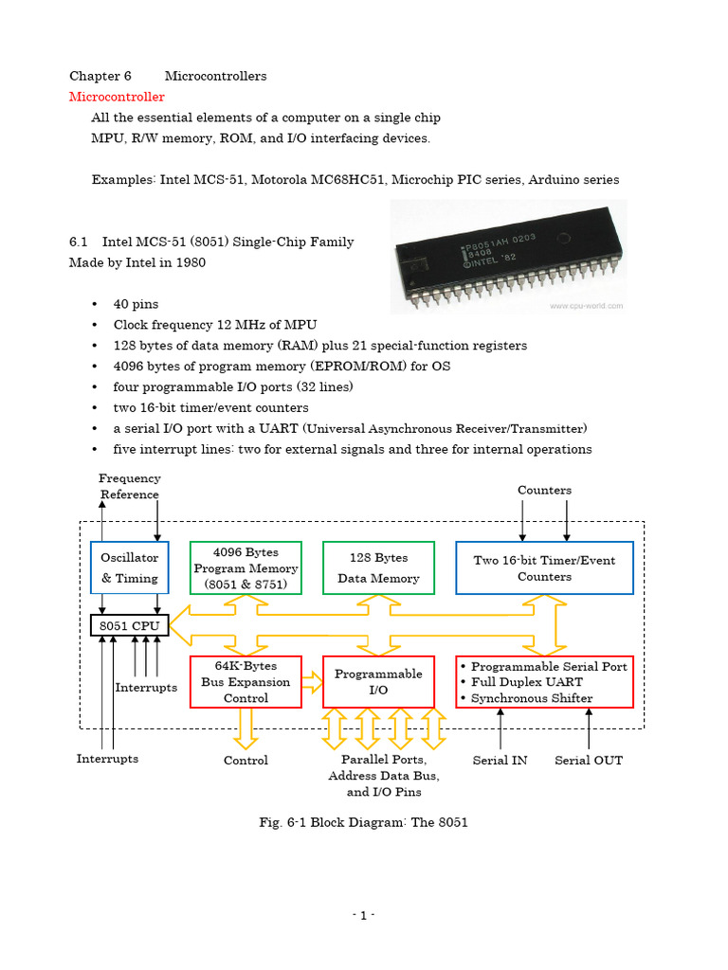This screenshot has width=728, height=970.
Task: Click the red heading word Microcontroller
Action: click(x=117, y=97)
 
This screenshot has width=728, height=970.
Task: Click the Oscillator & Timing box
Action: click(x=130, y=568)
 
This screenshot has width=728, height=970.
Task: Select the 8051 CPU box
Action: click(x=130, y=626)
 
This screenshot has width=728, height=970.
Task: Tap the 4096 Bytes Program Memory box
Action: click(x=246, y=568)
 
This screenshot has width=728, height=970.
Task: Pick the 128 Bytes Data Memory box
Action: click(x=378, y=568)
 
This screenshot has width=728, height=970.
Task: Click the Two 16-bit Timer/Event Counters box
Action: click(x=544, y=568)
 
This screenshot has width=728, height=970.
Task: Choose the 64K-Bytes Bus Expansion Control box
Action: click(x=246, y=682)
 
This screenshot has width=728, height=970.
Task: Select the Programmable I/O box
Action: click(x=378, y=682)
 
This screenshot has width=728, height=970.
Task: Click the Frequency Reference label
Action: click(x=130, y=487)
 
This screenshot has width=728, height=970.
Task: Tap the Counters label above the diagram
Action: click(x=544, y=490)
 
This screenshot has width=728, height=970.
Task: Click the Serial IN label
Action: click(x=500, y=760)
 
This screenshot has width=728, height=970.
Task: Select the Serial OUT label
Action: click(x=589, y=760)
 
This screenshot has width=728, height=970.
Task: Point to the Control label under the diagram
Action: click(x=246, y=760)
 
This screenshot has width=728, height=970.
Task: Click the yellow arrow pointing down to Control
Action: click(x=246, y=727)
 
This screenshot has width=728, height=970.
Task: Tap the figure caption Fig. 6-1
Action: click(x=364, y=822)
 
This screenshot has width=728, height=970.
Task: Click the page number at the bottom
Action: click(x=364, y=915)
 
